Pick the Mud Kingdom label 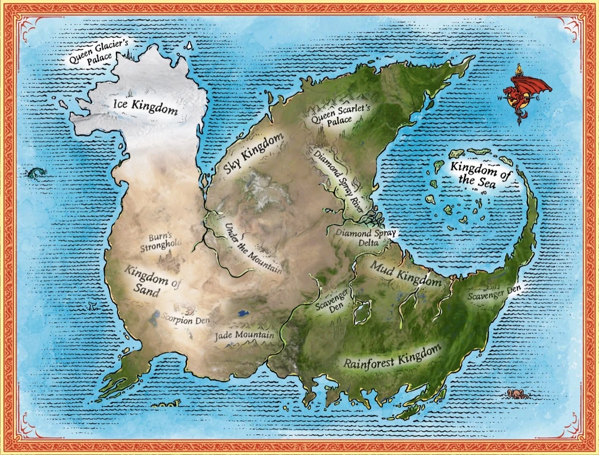(406, 274)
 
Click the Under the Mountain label (253, 248)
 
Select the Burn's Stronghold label (161, 242)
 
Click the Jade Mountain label (244, 335)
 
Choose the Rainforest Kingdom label (393, 355)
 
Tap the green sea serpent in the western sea (35, 174)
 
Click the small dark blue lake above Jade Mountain (242, 313)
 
